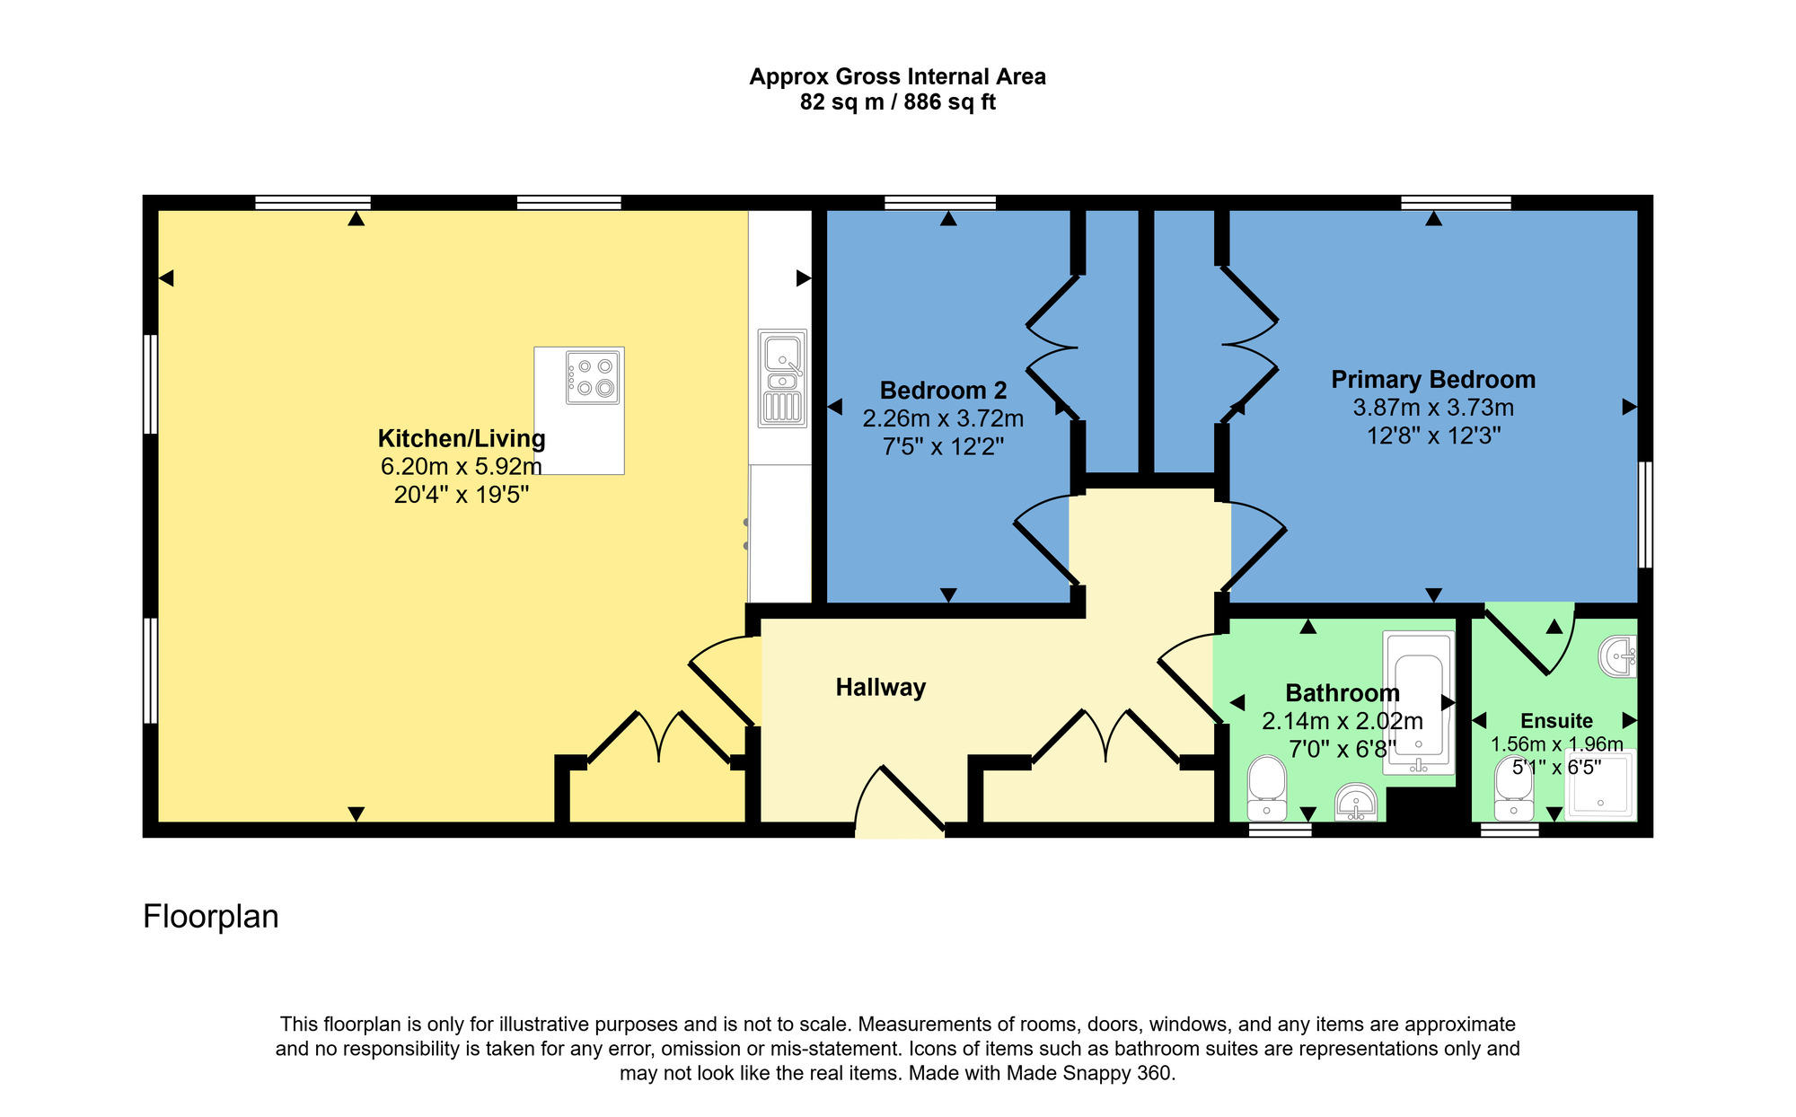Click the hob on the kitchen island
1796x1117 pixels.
point(593,377)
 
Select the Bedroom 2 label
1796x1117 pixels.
point(943,391)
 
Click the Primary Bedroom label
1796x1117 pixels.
point(1433,380)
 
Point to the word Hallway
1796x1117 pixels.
point(880,688)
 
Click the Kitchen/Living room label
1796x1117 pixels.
point(461,439)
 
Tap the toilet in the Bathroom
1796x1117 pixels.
point(1267,787)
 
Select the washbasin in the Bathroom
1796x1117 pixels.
point(1356,802)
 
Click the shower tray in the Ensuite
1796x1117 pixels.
point(1600,784)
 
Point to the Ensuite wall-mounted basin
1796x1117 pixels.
point(1619,656)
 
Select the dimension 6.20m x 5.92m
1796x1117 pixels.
point(461,467)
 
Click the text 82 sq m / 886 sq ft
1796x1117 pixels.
point(897,102)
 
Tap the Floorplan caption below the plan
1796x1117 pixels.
point(211,917)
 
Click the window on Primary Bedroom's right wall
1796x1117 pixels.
point(1645,515)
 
